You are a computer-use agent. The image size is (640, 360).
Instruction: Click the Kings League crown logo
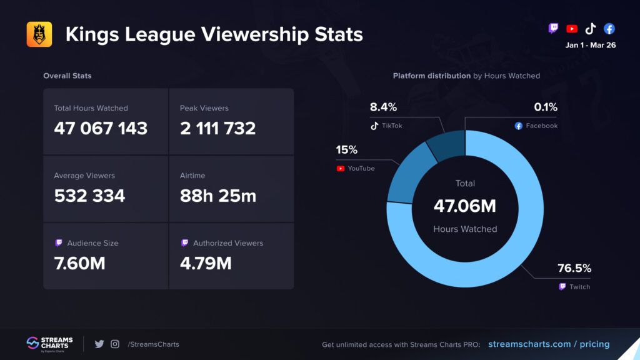click(39, 34)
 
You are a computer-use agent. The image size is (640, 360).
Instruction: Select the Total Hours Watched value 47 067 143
click(101, 128)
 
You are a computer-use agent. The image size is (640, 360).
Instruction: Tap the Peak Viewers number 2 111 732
click(217, 128)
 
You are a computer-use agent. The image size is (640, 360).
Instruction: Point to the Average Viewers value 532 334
click(89, 196)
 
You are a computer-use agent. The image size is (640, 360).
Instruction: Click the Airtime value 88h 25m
click(217, 196)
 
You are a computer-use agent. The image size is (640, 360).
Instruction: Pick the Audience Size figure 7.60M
click(79, 263)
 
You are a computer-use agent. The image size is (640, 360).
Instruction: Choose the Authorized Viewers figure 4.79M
click(206, 263)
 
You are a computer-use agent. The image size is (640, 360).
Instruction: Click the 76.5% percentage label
click(574, 269)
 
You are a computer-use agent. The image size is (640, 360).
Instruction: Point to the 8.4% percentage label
click(383, 107)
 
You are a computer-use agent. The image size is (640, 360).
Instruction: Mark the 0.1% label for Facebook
click(546, 107)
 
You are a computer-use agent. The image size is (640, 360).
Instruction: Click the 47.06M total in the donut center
click(465, 206)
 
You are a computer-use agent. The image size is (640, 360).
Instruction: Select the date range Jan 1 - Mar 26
click(591, 45)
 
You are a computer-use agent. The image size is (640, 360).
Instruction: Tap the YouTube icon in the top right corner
click(571, 29)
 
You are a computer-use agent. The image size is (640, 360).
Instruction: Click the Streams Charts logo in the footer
click(49, 344)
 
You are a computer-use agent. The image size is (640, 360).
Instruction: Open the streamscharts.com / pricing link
click(548, 344)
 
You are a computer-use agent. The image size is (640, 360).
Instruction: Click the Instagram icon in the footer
click(115, 344)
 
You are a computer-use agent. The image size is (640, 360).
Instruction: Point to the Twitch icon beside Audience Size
click(58, 243)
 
